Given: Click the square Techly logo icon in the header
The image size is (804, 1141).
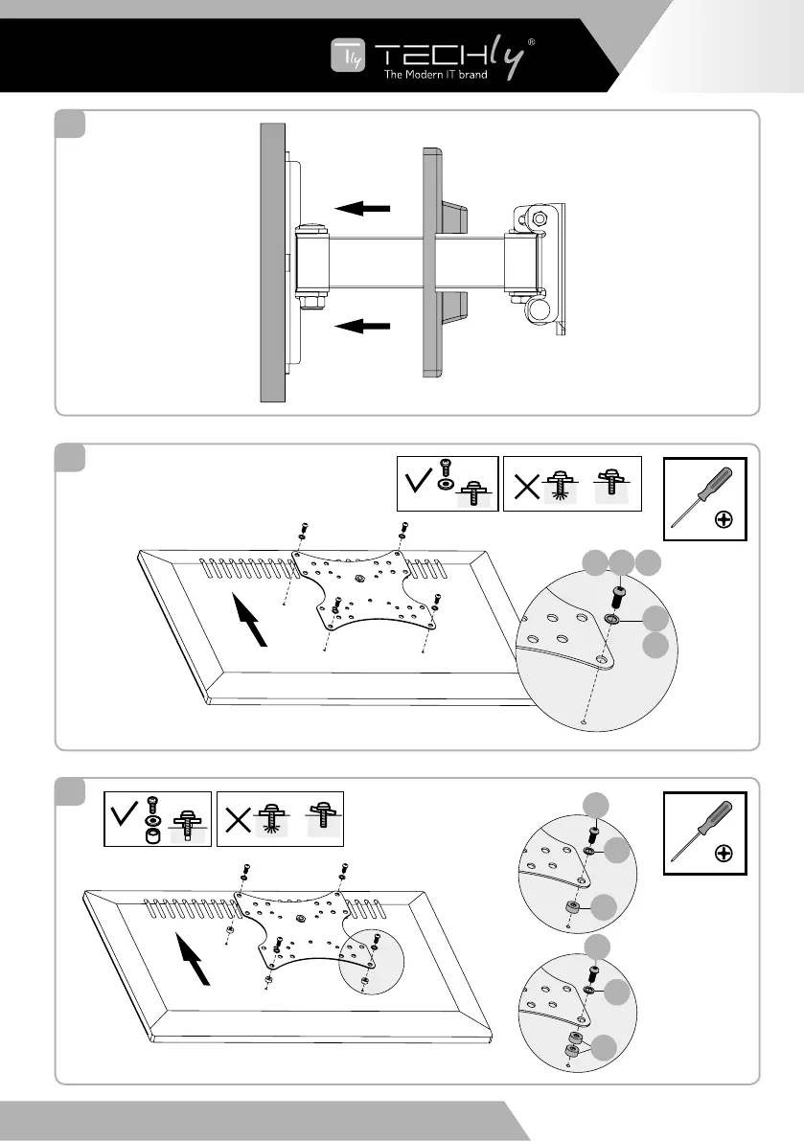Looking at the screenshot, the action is [x=345, y=57].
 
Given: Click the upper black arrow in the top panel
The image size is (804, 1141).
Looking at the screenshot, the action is [x=362, y=207].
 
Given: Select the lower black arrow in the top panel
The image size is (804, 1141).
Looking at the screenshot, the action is [x=362, y=327].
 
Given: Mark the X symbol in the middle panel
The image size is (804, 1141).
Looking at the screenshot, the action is [x=526, y=487].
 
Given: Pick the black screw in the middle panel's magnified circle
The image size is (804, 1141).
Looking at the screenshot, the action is [x=619, y=598].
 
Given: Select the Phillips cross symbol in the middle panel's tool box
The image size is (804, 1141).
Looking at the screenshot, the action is [x=724, y=520].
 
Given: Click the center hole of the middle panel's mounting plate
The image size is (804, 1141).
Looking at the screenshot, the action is [x=359, y=579].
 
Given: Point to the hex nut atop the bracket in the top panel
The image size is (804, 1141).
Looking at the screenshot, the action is [x=539, y=218].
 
